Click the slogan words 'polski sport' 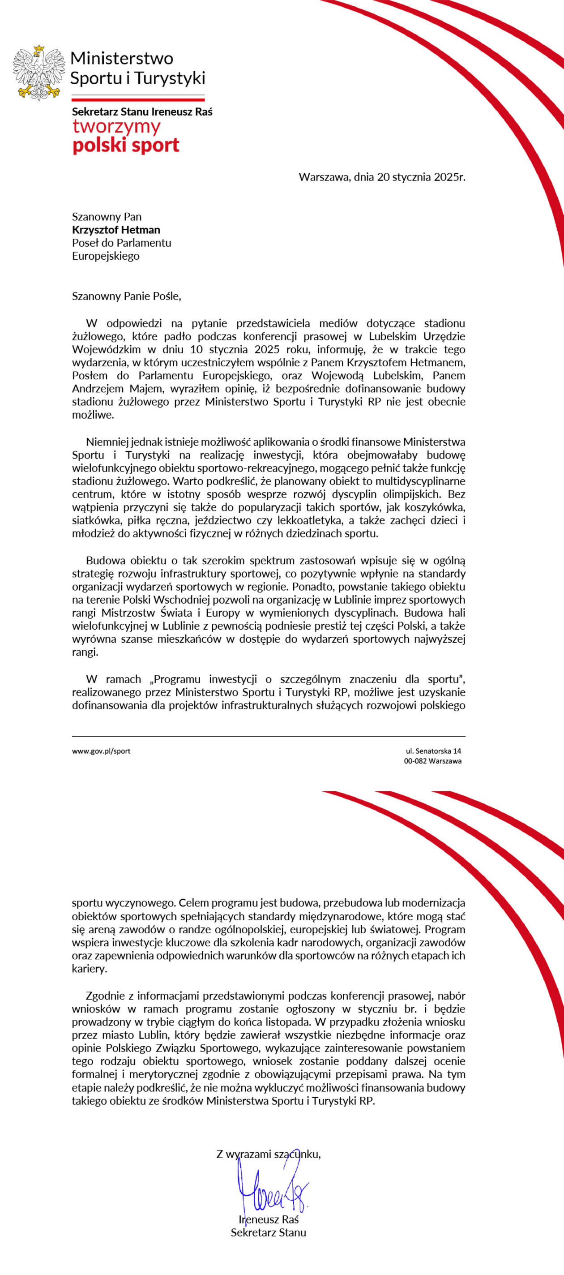coord(126,146)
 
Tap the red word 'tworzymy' coord(116,127)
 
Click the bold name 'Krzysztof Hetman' coord(116,230)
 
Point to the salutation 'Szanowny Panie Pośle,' coord(127,296)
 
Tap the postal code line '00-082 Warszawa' coord(432,761)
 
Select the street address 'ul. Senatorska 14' coord(433,751)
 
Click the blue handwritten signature coord(272,1193)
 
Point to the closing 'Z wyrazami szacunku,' coord(269,1154)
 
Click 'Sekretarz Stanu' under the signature coord(269,1232)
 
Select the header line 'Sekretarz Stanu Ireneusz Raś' coord(142,112)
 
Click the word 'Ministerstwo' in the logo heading coord(122,58)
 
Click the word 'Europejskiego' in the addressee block coord(106,256)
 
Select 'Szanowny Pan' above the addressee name coord(107,217)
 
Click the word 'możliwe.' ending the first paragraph coord(93,415)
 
